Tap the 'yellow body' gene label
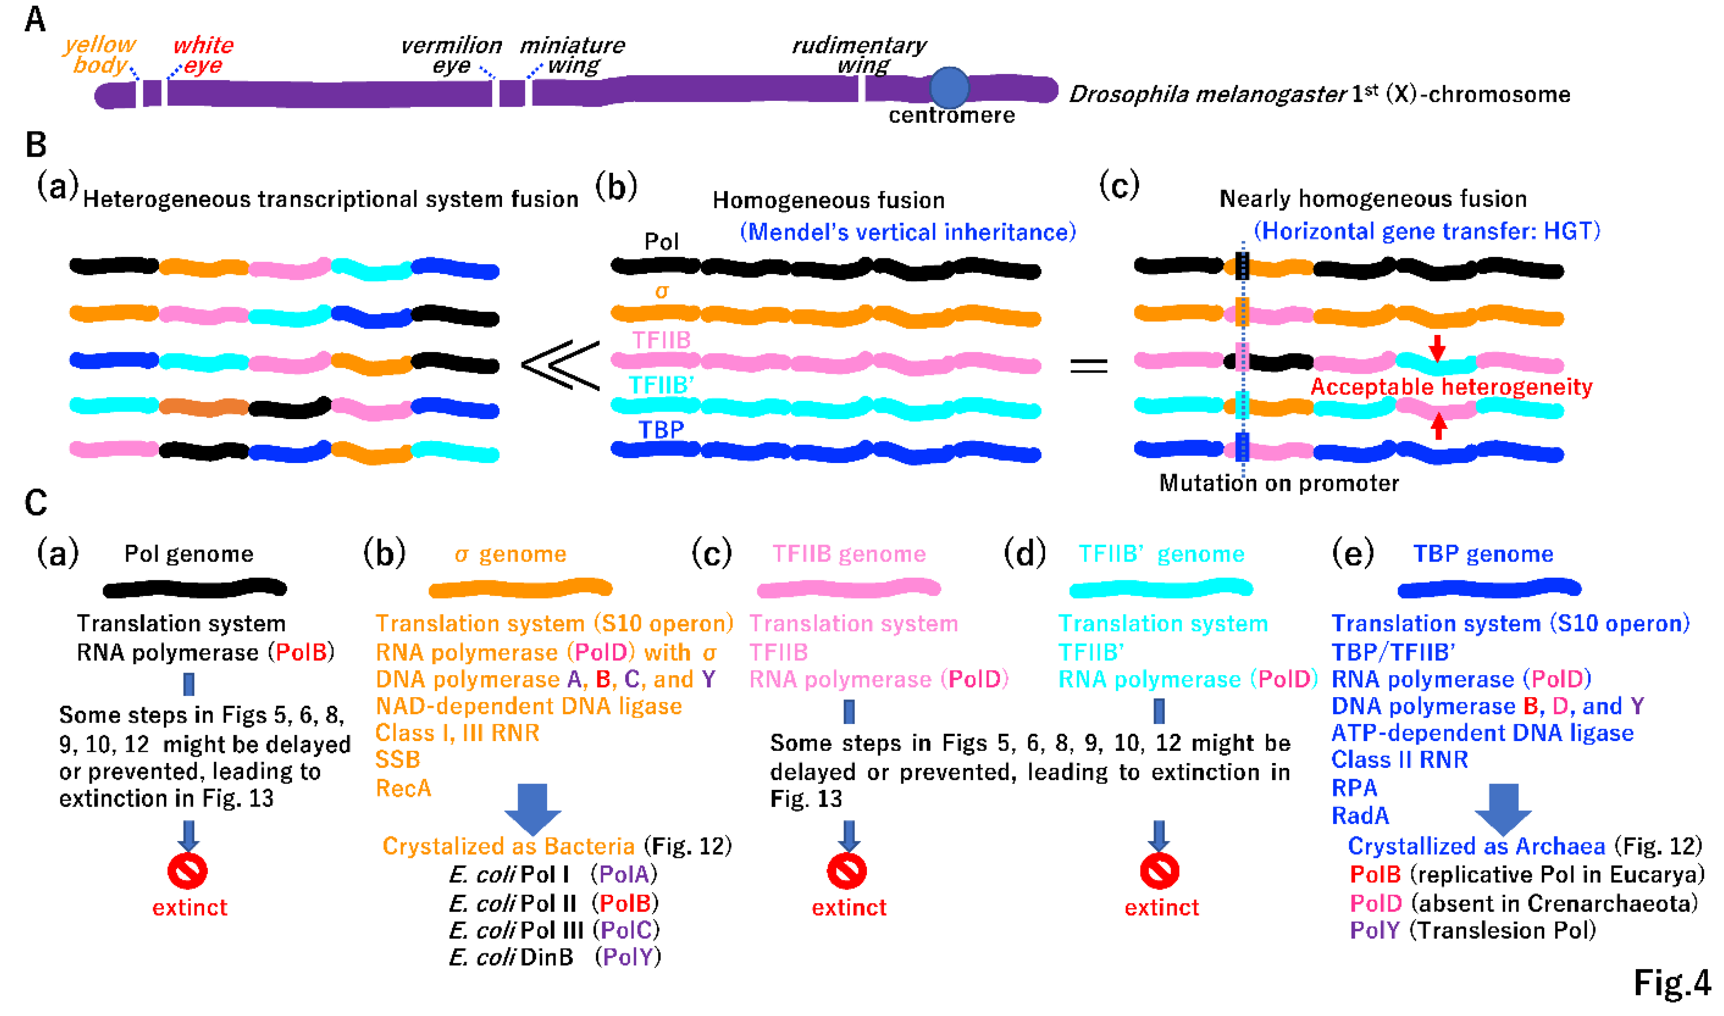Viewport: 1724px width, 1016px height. coord(100,55)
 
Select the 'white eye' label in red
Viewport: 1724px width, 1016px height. coord(203,55)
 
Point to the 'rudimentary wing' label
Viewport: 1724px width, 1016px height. coord(859,55)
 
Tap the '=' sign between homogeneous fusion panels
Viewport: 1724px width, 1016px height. coord(1089,365)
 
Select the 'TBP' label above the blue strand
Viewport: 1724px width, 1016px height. coord(660,429)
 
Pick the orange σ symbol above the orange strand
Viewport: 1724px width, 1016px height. coord(660,292)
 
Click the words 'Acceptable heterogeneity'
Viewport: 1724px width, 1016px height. coord(1451,387)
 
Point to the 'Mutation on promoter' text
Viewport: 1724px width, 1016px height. coord(1278,483)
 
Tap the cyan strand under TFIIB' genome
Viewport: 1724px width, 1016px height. coord(1161,587)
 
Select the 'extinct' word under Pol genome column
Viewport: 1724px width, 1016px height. coord(190,907)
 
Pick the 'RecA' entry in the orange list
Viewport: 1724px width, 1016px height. coord(403,788)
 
